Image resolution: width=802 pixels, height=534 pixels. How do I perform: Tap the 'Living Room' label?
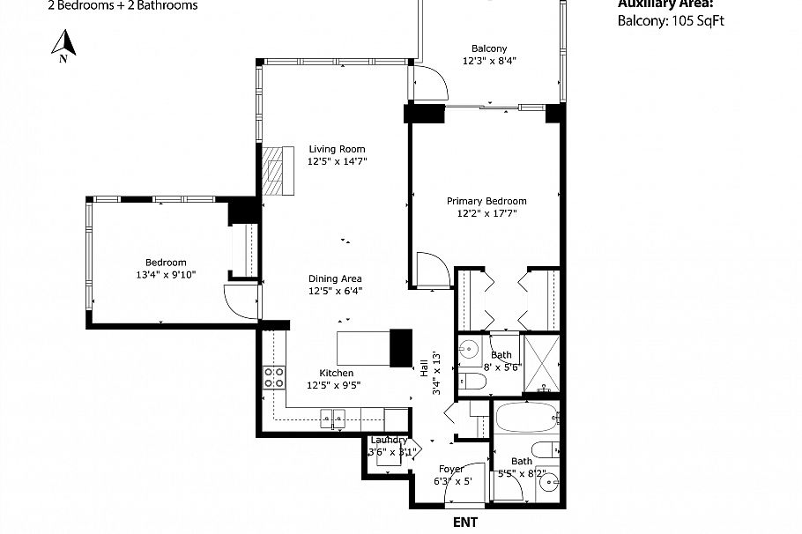pyautogui.click(x=336, y=149)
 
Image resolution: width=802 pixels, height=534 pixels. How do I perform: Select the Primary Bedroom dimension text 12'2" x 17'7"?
pyautogui.click(x=486, y=213)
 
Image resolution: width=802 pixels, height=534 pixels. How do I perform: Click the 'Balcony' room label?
pyautogui.click(x=489, y=48)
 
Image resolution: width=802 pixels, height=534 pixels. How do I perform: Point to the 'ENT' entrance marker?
pyautogui.click(x=465, y=522)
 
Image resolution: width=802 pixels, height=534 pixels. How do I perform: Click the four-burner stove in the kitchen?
pyautogui.click(x=274, y=377)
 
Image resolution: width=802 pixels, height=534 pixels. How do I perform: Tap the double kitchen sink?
pyautogui.click(x=333, y=419)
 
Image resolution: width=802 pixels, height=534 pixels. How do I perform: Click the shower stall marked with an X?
pyautogui.click(x=540, y=363)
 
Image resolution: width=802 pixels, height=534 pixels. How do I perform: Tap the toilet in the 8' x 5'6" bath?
pyautogui.click(x=471, y=382)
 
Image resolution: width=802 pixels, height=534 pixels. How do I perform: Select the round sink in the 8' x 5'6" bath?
pyautogui.click(x=469, y=346)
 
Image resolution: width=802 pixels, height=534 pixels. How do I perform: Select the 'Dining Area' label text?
pyautogui.click(x=335, y=278)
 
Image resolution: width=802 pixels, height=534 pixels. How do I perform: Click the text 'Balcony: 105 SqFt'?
pyautogui.click(x=672, y=21)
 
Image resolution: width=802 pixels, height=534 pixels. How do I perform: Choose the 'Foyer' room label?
pyautogui.click(x=450, y=469)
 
